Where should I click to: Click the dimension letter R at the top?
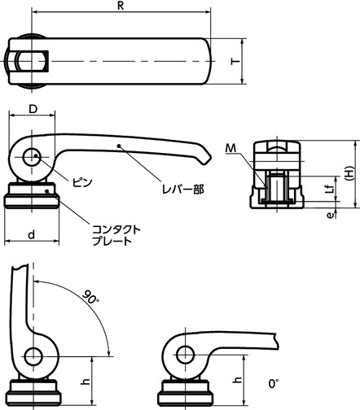[x=121, y=6]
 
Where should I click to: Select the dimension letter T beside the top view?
[x=235, y=61]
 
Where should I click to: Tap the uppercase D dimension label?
[x=33, y=109]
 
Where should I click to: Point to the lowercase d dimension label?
[x=32, y=235]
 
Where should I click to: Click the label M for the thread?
[x=230, y=148]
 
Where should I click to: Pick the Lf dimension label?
[x=329, y=189]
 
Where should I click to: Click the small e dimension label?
[x=330, y=216]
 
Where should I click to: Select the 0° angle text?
[x=274, y=383]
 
